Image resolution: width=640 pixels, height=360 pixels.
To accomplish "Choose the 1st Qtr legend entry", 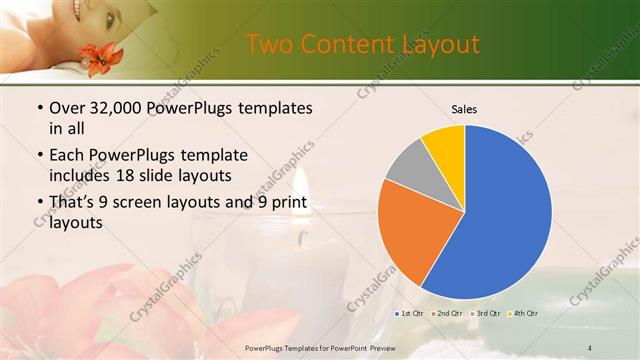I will (409, 313).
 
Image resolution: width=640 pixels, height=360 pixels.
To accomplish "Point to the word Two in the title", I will (269, 44).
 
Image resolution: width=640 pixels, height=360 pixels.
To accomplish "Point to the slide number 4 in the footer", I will (590, 347).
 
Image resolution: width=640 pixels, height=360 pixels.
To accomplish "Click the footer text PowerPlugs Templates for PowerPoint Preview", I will (321, 347).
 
